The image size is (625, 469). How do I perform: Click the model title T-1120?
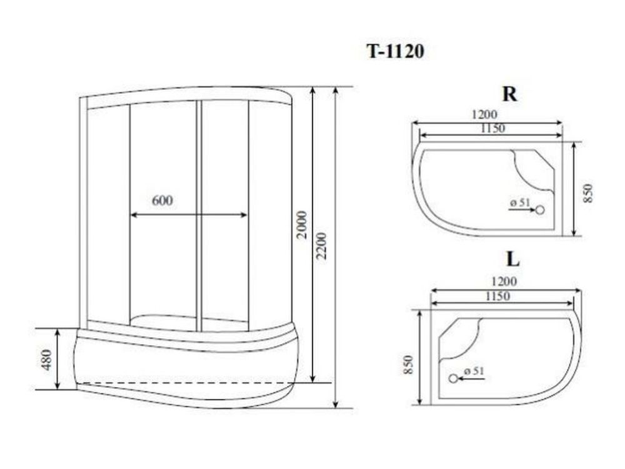[395, 51]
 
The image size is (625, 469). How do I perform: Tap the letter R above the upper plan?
[510, 94]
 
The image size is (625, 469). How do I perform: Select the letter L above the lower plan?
[512, 260]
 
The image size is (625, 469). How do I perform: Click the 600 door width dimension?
[162, 200]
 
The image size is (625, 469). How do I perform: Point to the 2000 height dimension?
[302, 224]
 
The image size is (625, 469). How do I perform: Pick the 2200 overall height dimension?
[321, 246]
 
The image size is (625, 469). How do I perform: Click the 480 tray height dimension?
[47, 360]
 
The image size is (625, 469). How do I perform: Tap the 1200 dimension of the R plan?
[484, 114]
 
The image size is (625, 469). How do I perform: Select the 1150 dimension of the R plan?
[492, 128]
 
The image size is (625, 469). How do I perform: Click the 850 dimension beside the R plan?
[589, 193]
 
